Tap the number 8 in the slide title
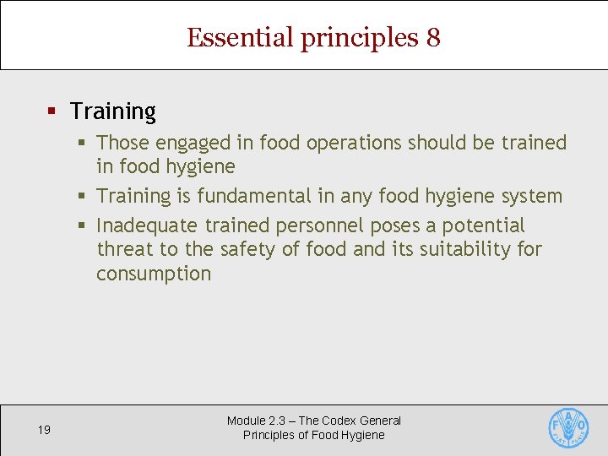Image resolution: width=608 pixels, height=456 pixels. (x=432, y=38)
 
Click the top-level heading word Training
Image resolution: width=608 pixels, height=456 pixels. (x=113, y=111)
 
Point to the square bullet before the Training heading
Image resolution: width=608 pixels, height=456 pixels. (x=52, y=111)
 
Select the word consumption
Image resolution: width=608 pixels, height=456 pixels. (x=154, y=274)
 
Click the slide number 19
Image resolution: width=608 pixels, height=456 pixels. (x=44, y=430)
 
